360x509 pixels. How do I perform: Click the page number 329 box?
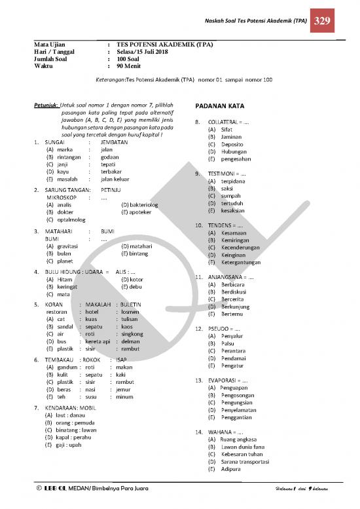point(321,21)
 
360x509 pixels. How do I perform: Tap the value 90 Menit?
point(131,66)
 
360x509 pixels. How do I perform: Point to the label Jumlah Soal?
point(54,58)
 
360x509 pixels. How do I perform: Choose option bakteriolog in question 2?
point(143,205)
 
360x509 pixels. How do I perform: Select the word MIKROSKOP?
point(62,197)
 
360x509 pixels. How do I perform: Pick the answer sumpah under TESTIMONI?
point(230,196)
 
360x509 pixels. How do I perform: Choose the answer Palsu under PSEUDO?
point(227,343)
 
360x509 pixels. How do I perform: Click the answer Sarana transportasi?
point(245,462)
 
